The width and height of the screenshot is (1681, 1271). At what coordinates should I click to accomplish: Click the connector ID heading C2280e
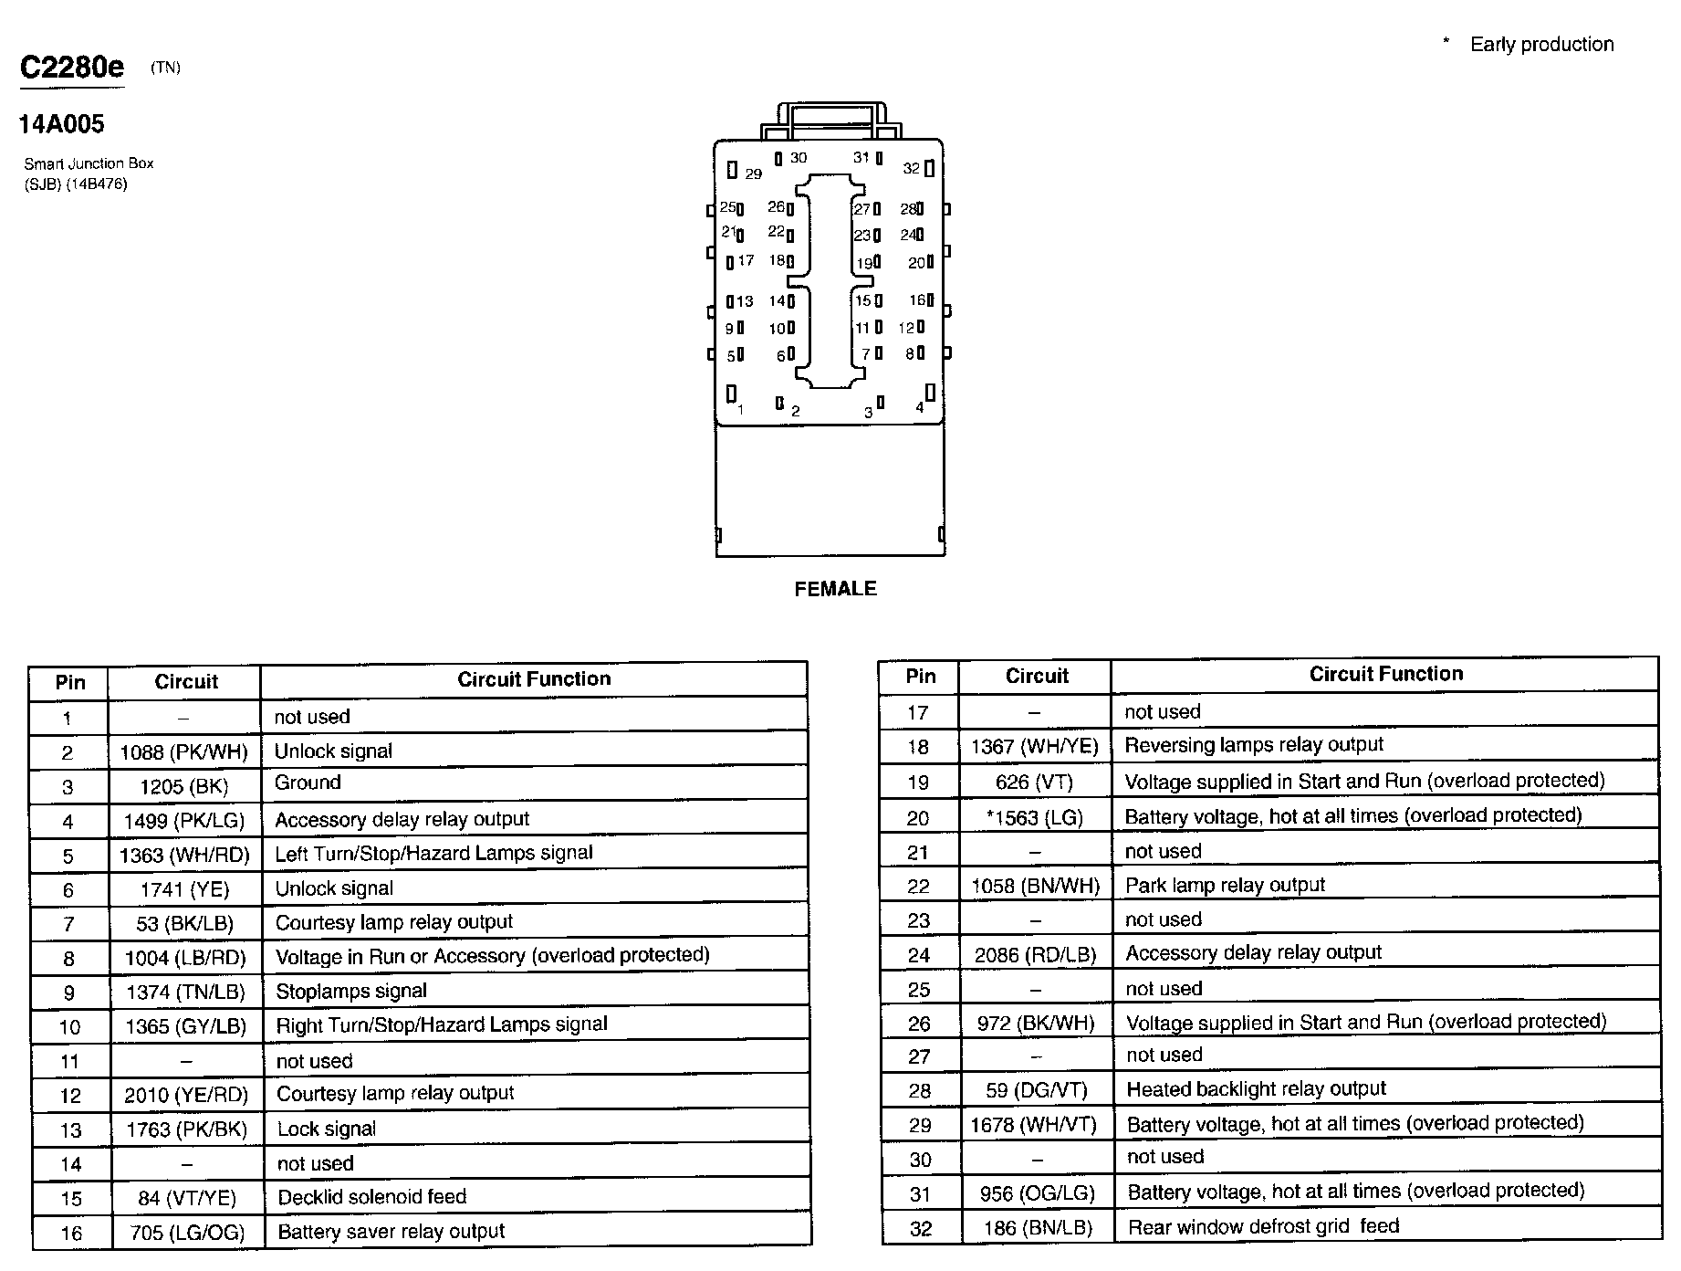72,68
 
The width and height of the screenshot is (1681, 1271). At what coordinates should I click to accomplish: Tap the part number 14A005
61,124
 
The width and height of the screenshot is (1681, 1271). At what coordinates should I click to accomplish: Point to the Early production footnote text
1540,45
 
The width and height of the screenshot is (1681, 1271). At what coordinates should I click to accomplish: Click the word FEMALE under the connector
835,589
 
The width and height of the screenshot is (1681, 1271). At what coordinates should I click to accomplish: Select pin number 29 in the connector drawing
752,173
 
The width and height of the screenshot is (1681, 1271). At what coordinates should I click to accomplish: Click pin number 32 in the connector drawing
912,168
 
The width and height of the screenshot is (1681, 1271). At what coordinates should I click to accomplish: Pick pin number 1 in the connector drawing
740,409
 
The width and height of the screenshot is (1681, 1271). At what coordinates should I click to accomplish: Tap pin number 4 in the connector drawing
919,407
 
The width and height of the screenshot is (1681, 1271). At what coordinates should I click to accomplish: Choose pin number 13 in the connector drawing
745,301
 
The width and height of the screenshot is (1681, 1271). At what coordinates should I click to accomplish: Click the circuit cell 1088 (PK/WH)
184,752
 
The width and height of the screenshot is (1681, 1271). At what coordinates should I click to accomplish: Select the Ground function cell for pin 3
308,783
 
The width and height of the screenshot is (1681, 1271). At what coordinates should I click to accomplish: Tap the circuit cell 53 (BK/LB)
184,924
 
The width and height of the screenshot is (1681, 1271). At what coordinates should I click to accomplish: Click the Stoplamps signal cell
351,991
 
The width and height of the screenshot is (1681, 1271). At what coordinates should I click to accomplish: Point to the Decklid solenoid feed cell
371,1197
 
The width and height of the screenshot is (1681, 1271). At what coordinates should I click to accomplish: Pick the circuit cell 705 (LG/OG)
187,1234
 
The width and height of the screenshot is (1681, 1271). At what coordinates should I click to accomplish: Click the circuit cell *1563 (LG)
1035,817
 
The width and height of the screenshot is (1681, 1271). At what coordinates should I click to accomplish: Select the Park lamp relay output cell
1225,885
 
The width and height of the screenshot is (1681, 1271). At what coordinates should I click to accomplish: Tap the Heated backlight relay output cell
1256,1088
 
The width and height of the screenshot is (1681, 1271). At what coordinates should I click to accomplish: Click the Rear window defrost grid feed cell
1263,1226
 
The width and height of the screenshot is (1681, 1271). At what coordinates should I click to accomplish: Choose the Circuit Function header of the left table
534,679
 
